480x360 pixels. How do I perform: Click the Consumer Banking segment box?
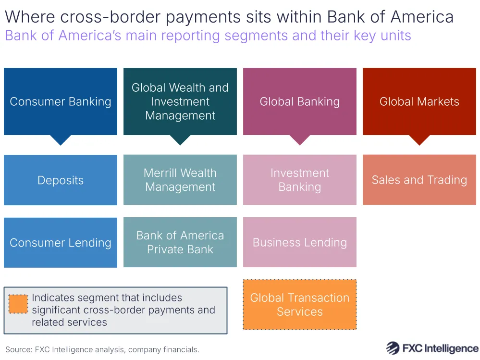tap(61, 101)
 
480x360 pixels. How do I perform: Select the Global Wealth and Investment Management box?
tap(180, 101)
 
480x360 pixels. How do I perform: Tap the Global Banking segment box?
tap(300, 101)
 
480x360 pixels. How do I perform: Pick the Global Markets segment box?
tap(419, 101)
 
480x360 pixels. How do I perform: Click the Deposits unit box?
tap(61, 180)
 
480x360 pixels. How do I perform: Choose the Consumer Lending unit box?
tap(61, 243)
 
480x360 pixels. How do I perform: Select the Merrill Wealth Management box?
tap(180, 180)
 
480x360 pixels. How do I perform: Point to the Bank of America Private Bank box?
tap(180, 242)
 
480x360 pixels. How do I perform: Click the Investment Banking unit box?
tap(300, 180)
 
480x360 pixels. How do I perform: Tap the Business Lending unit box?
tap(300, 242)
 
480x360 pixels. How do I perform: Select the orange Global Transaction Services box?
tap(300, 305)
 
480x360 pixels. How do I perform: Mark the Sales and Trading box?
tap(419, 180)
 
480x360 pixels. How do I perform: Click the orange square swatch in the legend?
tap(18, 304)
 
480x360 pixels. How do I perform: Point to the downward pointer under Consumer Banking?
tap(61, 140)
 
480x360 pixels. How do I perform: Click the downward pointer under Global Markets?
tap(419, 140)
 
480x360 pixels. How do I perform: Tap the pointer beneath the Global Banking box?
tap(300, 140)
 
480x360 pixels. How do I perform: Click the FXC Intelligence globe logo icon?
tap(393, 348)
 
